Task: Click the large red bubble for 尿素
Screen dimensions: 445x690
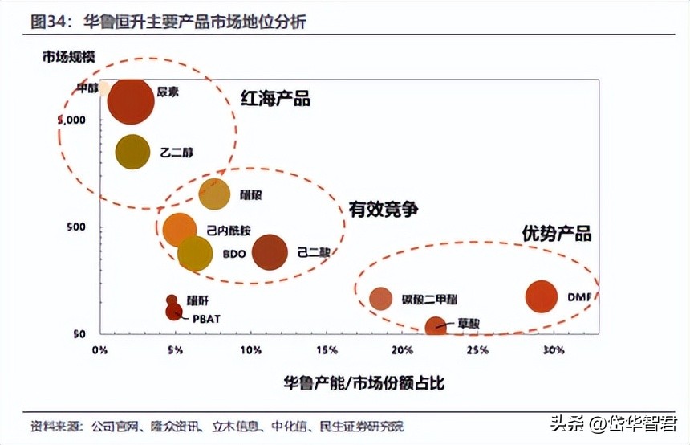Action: coord(130,101)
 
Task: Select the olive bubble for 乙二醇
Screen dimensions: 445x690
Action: coord(132,152)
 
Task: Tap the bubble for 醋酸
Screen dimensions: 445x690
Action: coord(214,194)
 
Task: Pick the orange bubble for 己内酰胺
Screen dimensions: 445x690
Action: coord(180,230)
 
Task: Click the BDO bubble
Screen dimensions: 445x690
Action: coord(194,253)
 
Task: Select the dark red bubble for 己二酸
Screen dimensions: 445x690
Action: coord(270,252)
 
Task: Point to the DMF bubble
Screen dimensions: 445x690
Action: coord(542,296)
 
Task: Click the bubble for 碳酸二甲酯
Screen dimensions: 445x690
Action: coord(381,298)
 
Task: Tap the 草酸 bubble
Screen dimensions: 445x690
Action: coord(435,325)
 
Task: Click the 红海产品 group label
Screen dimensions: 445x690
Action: coord(275,99)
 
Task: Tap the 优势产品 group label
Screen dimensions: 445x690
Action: coord(556,234)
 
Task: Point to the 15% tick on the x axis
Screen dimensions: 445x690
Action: coord(327,351)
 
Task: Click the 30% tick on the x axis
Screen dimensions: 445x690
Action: coord(554,351)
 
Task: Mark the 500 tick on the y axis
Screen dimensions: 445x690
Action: coord(75,227)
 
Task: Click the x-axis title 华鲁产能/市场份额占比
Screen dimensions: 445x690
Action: coord(363,383)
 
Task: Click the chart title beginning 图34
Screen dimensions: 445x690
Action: coord(168,22)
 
